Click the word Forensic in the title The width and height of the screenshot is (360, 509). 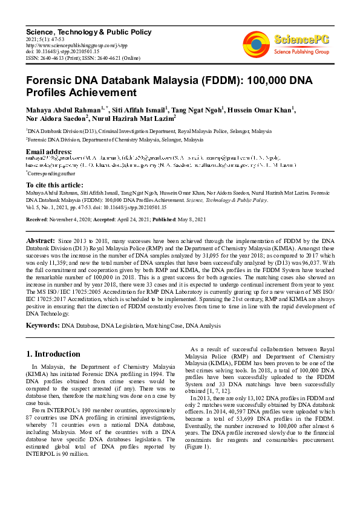53,81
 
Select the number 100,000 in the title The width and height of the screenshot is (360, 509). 263,81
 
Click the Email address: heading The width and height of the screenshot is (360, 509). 49,151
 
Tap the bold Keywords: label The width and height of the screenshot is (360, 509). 42,326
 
